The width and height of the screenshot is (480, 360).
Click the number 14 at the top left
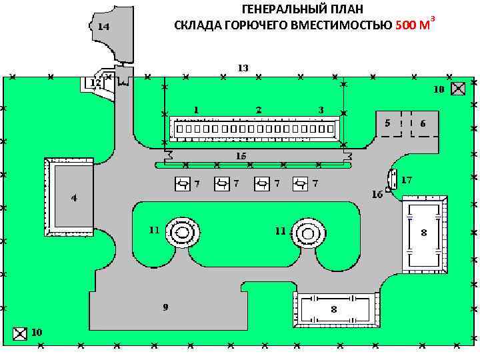click(x=103, y=27)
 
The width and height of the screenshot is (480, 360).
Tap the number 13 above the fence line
click(x=243, y=67)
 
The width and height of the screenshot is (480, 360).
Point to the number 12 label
click(x=95, y=83)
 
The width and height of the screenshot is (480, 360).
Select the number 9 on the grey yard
click(x=165, y=307)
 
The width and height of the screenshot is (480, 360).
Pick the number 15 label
click(x=241, y=155)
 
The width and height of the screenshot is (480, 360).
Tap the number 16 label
click(x=378, y=195)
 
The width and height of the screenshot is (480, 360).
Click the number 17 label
click(x=407, y=179)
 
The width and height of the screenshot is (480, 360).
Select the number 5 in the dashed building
click(x=387, y=123)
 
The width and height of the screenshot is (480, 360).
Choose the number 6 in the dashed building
click(x=423, y=123)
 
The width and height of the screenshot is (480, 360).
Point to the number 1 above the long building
click(x=196, y=109)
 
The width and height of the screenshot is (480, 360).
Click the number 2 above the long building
click(x=258, y=109)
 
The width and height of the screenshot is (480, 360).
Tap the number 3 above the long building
click(x=321, y=109)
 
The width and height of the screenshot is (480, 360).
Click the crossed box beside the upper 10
click(x=458, y=89)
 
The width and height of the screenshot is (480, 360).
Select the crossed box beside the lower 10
click(x=20, y=332)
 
